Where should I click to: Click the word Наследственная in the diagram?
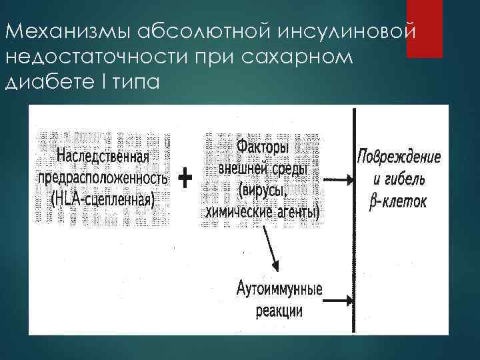(x=103, y=157)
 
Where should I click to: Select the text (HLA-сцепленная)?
(x=103, y=198)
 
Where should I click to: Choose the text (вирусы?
(x=262, y=191)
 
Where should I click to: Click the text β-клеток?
(x=398, y=200)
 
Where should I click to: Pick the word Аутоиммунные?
(x=279, y=291)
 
